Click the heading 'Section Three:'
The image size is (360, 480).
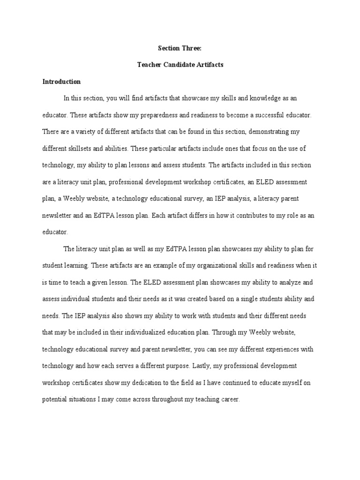(180, 47)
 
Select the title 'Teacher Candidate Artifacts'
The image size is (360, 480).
(180, 65)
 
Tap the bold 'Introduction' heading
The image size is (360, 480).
(61, 82)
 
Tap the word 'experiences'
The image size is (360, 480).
(267, 349)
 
